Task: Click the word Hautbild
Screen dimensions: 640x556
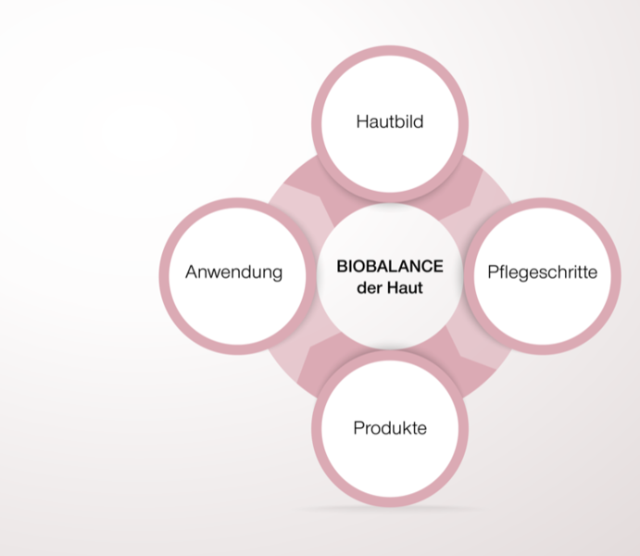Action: pyautogui.click(x=390, y=121)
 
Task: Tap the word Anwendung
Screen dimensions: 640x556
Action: pyautogui.click(x=234, y=272)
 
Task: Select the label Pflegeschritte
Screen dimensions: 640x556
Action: pyautogui.click(x=543, y=272)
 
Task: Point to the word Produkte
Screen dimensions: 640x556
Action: pyautogui.click(x=390, y=428)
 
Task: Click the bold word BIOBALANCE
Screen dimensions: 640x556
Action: pyautogui.click(x=390, y=266)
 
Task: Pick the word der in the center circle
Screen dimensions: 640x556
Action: pyautogui.click(x=369, y=288)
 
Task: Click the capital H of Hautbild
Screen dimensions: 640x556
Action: pyautogui.click(x=362, y=121)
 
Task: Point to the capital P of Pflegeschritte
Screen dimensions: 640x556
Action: pyautogui.click(x=493, y=272)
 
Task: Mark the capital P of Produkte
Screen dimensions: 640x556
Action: pyautogui.click(x=358, y=428)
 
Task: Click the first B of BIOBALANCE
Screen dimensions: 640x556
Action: pyautogui.click(x=342, y=266)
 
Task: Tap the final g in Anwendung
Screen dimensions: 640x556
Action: pyautogui.click(x=277, y=274)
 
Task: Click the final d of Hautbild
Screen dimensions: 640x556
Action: pyautogui.click(x=419, y=121)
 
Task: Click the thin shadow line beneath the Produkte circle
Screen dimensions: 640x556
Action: pyautogui.click(x=390, y=509)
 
